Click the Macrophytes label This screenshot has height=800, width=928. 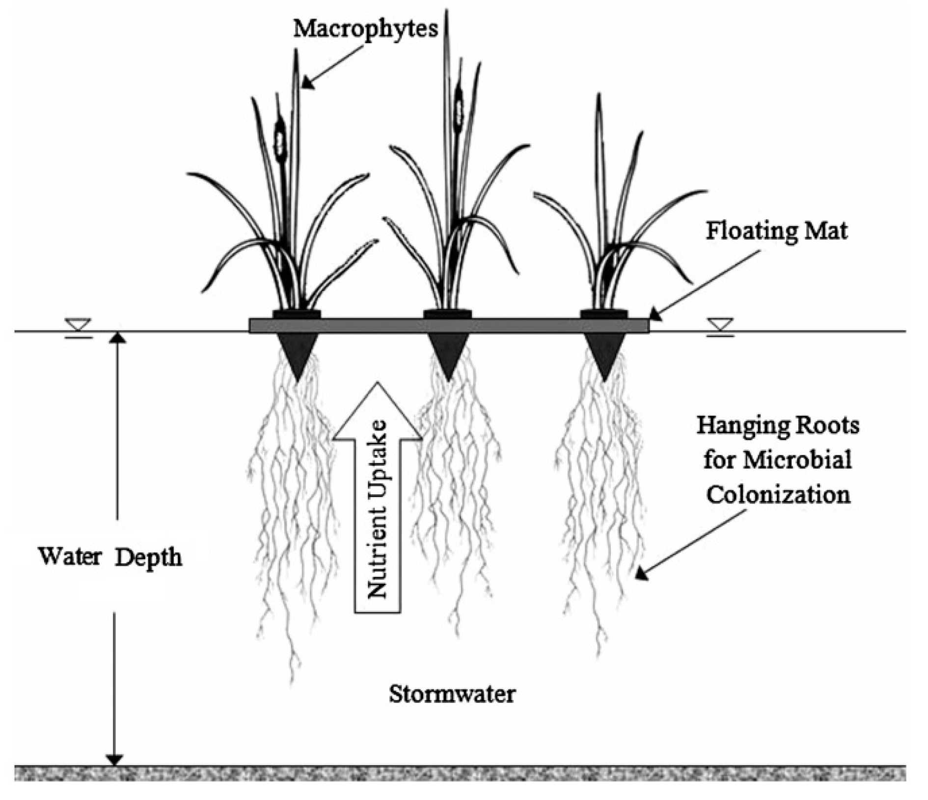[x=365, y=29]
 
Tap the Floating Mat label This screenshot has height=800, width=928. [x=776, y=231]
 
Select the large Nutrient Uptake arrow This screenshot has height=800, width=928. [x=377, y=497]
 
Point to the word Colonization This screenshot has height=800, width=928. [x=778, y=495]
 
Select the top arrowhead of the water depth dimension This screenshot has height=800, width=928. [x=117, y=338]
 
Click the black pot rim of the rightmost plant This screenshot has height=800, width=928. [x=604, y=314]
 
